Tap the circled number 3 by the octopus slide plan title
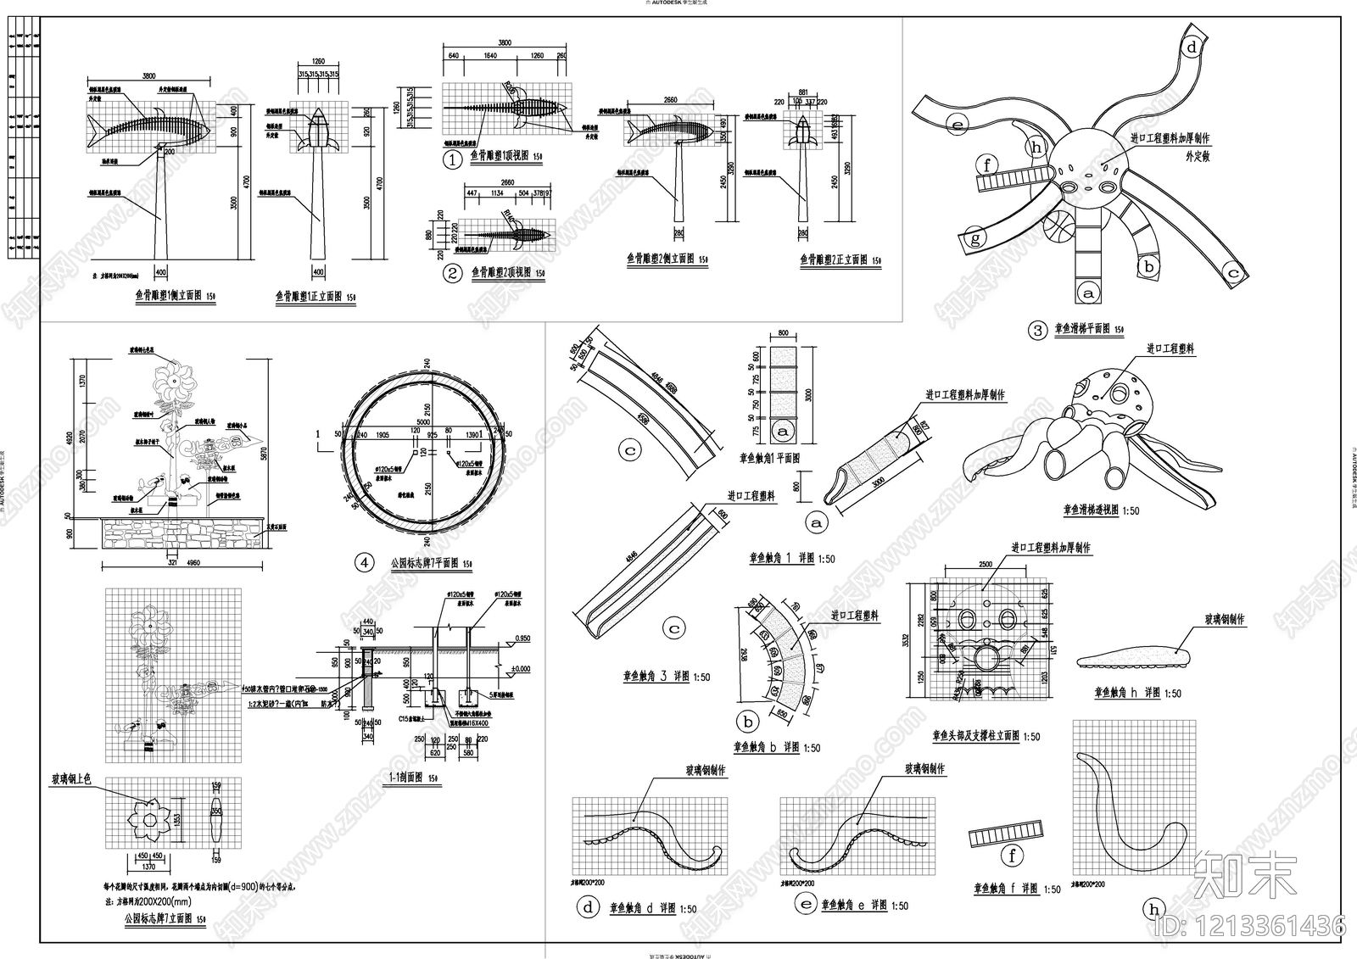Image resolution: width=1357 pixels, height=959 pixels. (x=1038, y=331)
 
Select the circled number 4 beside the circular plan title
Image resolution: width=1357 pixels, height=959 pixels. (x=365, y=562)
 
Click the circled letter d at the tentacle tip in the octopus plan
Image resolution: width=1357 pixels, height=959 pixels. (x=1192, y=47)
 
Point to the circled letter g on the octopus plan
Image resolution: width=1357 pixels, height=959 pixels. (x=975, y=239)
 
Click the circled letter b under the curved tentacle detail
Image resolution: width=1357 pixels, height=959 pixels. (x=748, y=722)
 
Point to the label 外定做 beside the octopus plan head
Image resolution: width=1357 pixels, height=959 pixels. (x=1198, y=157)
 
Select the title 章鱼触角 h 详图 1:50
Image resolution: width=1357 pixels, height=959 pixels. (x=1137, y=694)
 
